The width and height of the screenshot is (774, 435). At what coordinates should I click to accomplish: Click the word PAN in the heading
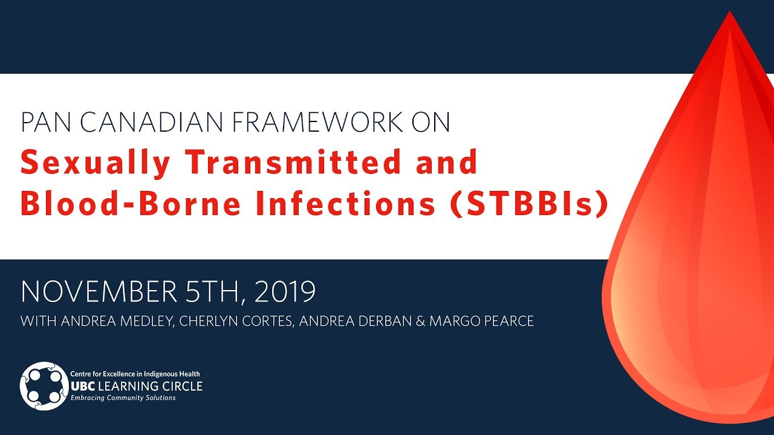click(45, 123)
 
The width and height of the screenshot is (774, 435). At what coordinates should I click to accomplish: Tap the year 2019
click(285, 292)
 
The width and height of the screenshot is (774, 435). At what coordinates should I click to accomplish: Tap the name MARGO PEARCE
click(481, 321)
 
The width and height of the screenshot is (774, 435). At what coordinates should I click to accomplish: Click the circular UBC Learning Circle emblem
click(44, 386)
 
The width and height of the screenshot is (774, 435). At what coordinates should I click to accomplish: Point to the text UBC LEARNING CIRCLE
click(137, 386)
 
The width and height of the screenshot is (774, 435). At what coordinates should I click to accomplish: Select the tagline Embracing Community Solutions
click(123, 398)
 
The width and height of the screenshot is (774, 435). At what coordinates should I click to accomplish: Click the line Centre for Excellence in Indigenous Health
click(135, 375)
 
